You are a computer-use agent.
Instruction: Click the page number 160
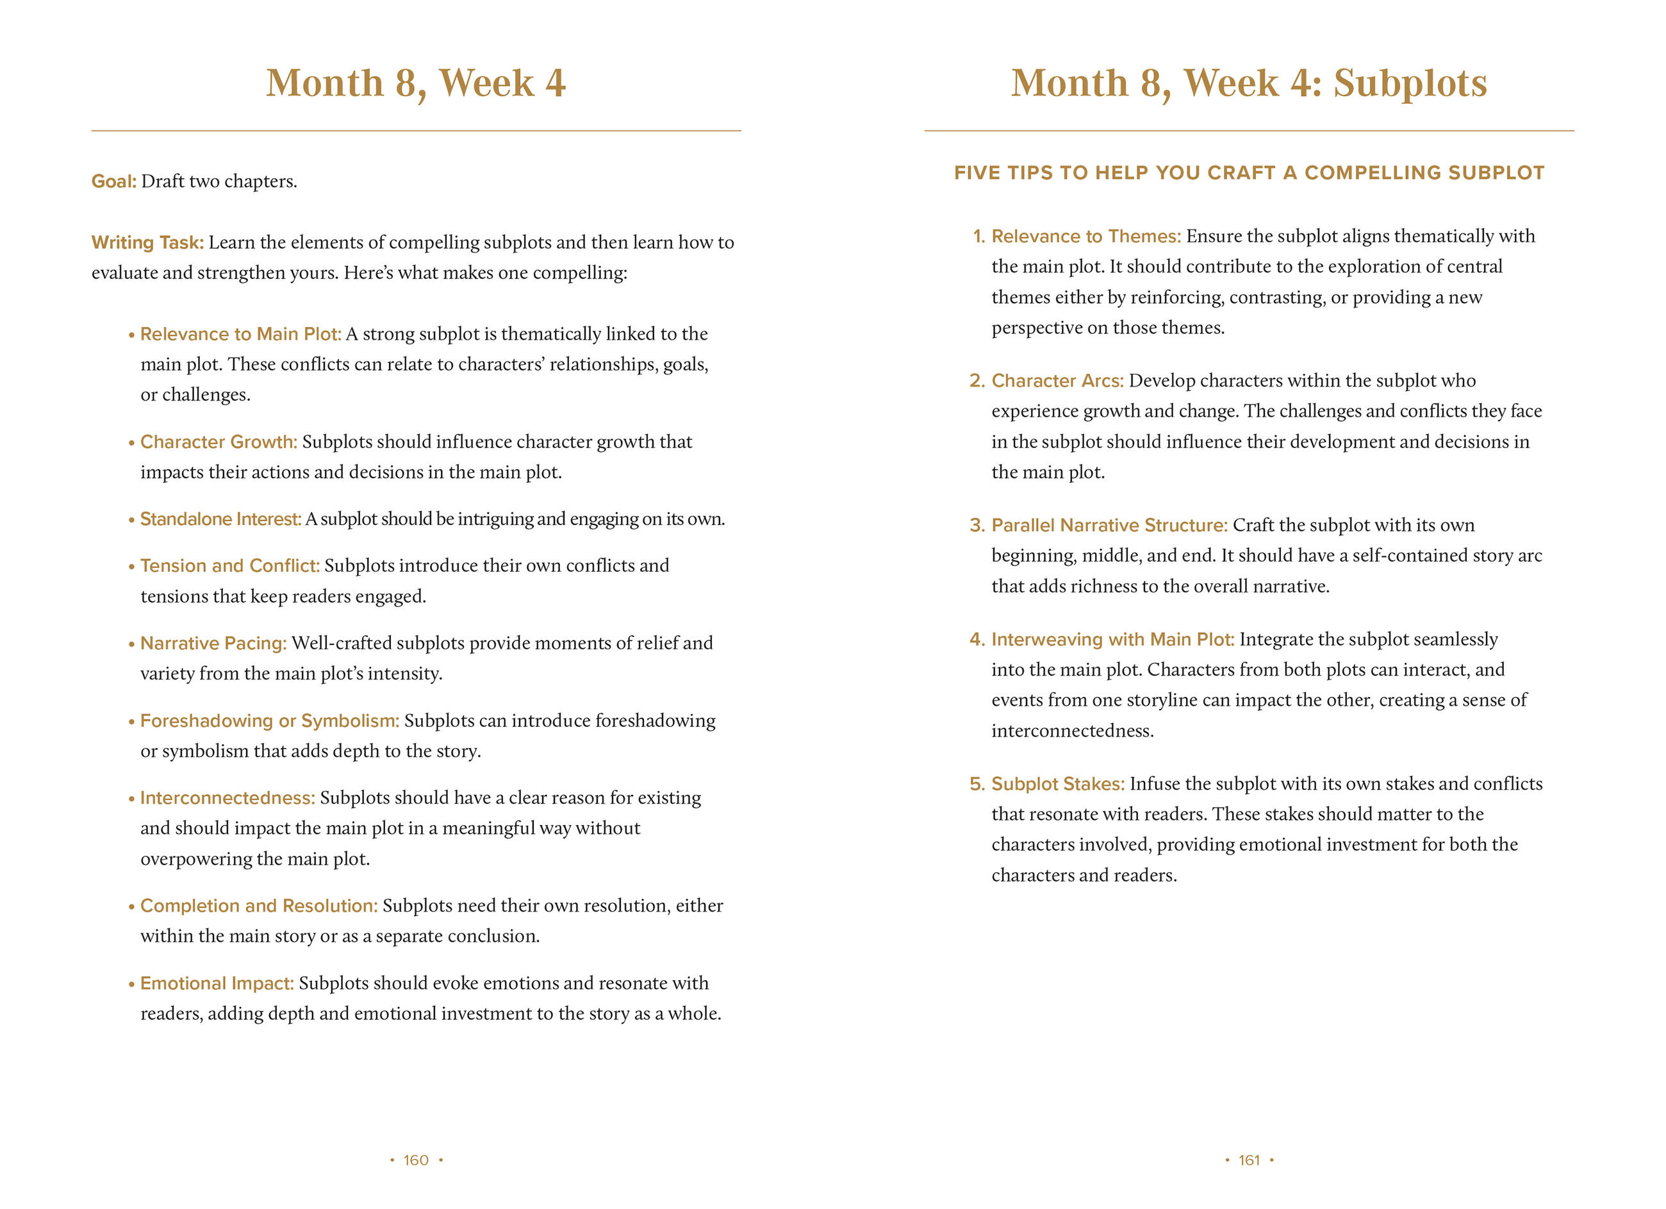point(416,1160)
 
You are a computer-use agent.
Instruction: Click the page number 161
point(1249,1160)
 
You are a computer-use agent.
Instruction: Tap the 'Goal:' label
point(114,181)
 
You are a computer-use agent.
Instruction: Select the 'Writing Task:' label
point(147,242)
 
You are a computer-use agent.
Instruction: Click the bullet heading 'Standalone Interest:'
point(220,519)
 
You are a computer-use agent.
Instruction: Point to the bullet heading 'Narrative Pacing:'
point(213,643)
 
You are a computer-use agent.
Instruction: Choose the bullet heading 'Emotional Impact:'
point(217,983)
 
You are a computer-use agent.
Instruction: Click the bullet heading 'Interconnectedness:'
point(227,798)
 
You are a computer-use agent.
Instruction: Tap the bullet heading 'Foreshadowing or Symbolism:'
point(270,721)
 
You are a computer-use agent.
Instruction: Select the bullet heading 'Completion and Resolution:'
point(259,905)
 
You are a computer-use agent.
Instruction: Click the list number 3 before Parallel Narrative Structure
point(977,526)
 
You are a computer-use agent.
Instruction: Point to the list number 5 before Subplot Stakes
point(977,784)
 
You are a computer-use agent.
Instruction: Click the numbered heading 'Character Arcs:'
point(1057,381)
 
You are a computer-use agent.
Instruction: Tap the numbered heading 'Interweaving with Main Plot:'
point(1112,639)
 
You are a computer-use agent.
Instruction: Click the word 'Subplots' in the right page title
point(1410,83)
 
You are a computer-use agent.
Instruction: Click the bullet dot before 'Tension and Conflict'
point(131,567)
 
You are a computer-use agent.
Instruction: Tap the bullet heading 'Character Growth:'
point(218,442)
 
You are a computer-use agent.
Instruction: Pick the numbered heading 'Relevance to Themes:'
point(1085,237)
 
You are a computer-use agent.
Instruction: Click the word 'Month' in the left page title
point(325,83)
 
